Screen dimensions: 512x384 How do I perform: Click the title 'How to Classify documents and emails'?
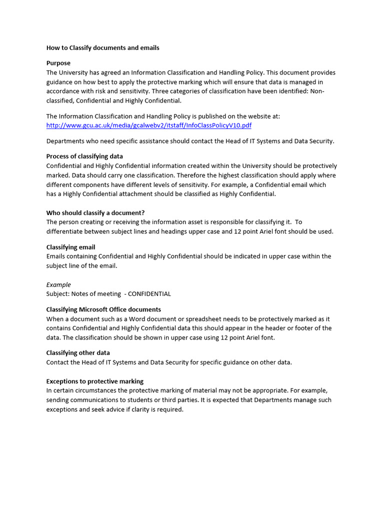pyautogui.click(x=103, y=48)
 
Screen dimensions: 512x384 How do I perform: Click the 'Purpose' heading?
pyautogui.click(x=58, y=63)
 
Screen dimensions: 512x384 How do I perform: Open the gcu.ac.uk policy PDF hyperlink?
pyautogui.click(x=148, y=125)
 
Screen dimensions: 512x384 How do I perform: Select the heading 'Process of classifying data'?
pyautogui.click(x=84, y=156)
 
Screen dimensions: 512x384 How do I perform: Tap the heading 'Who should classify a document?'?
pyautogui.click(x=95, y=212)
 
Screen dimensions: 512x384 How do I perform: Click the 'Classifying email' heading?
pyautogui.click(x=70, y=247)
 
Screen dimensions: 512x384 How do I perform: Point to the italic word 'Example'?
pyautogui.click(x=58, y=284)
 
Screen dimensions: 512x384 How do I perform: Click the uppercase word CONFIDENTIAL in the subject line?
pyautogui.click(x=149, y=294)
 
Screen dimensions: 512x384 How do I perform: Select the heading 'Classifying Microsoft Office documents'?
pyautogui.click(x=103, y=309)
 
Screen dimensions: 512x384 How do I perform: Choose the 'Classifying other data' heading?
pyautogui.click(x=78, y=353)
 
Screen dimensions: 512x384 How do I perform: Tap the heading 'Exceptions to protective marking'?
pyautogui.click(x=95, y=381)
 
